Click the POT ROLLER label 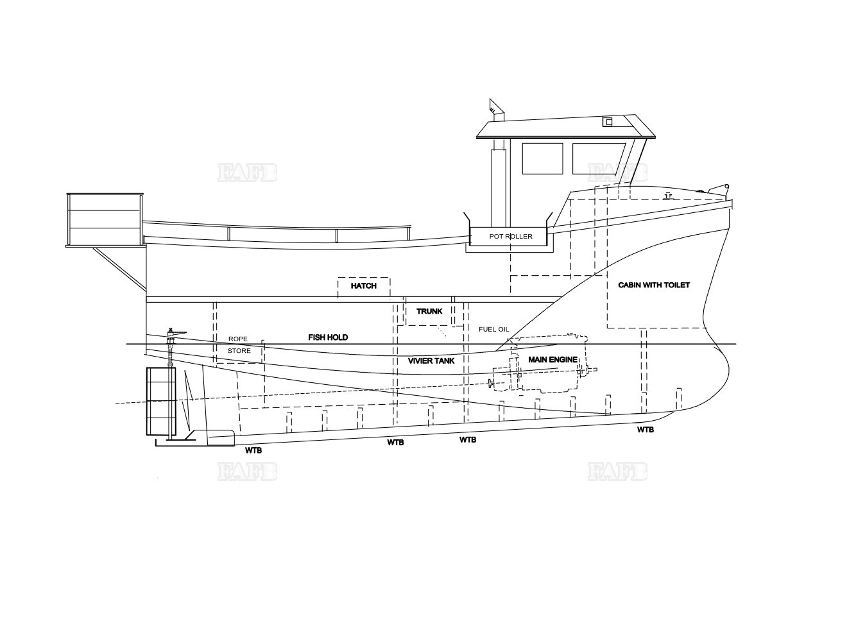[x=511, y=236]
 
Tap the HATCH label [x=363, y=285]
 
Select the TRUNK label [x=429, y=311]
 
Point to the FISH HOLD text [x=328, y=337]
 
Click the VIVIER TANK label [x=431, y=360]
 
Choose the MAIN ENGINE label [x=552, y=359]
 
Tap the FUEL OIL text [x=493, y=330]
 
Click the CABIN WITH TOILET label [x=654, y=285]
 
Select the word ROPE [x=237, y=339]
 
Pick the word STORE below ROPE [x=239, y=351]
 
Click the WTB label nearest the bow [x=646, y=430]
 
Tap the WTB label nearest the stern [x=253, y=450]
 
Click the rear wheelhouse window [x=542, y=158]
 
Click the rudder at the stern [x=160, y=401]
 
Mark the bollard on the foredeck [x=668, y=196]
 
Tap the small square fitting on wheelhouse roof [x=608, y=122]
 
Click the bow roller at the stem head [x=719, y=189]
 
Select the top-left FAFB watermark [x=247, y=173]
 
